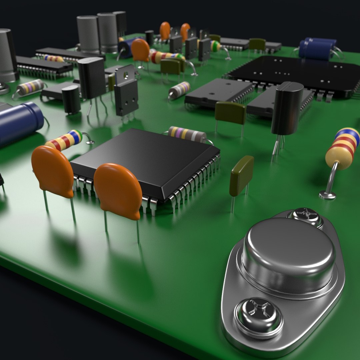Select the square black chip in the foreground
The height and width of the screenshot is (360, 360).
pos(145,160)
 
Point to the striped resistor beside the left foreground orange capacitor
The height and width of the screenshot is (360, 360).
pos(65,140)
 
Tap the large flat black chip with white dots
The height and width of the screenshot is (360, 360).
pos(293,73)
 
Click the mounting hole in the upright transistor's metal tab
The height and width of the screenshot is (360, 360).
pos(126,74)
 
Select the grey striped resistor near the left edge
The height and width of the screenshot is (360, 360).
pos(30,87)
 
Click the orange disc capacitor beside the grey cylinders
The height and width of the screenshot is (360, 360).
pos(140,50)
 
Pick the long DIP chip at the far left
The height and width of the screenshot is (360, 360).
pos(43,65)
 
